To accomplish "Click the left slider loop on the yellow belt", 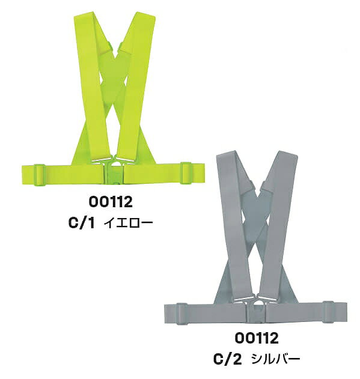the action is pyautogui.click(x=40, y=175).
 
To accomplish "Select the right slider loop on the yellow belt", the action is pyautogui.click(x=186, y=173).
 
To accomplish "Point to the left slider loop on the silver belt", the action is pyautogui.click(x=182, y=314).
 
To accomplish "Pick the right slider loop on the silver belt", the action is pyautogui.click(x=328, y=312).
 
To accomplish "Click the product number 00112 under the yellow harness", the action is pyautogui.click(x=111, y=202).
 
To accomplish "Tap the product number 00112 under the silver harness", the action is pyautogui.click(x=257, y=338).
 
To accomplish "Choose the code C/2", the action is pyautogui.click(x=227, y=359).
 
